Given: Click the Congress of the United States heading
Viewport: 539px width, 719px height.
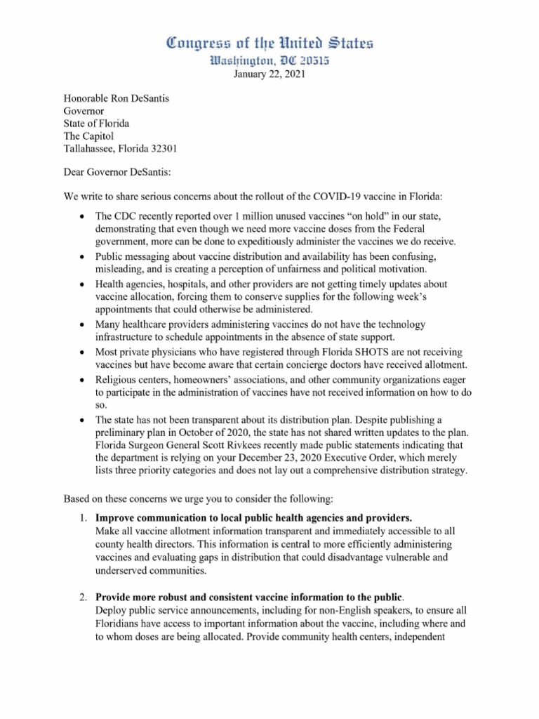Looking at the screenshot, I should point(269,44).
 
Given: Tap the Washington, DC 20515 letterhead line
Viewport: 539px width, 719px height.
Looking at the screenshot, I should point(269,62).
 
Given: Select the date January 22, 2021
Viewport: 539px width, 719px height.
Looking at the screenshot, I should point(269,76).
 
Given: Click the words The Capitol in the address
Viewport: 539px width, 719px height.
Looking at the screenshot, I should point(88,136).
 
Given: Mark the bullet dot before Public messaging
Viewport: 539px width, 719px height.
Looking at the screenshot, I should point(83,257).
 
